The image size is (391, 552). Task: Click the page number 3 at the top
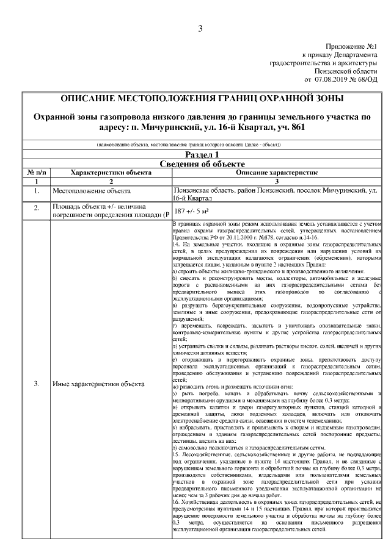tap(200, 29)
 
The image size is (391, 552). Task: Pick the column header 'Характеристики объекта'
tap(111, 173)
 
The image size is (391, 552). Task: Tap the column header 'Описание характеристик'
tap(278, 173)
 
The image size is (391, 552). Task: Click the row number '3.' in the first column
tap(36, 384)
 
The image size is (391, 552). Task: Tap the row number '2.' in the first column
tap(36, 208)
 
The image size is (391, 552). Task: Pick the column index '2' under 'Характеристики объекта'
tap(111, 181)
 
